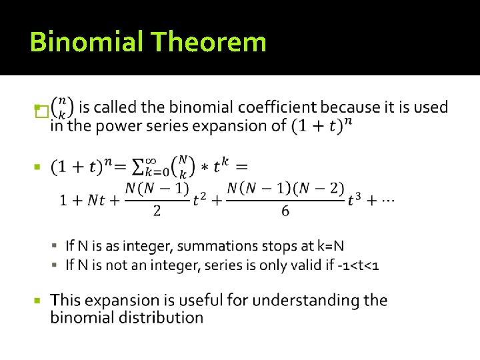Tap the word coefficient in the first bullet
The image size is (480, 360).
click(x=277, y=107)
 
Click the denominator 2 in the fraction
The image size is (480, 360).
click(x=157, y=211)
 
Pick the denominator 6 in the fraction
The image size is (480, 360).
click(x=285, y=211)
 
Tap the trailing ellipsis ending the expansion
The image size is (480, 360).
click(x=385, y=200)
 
